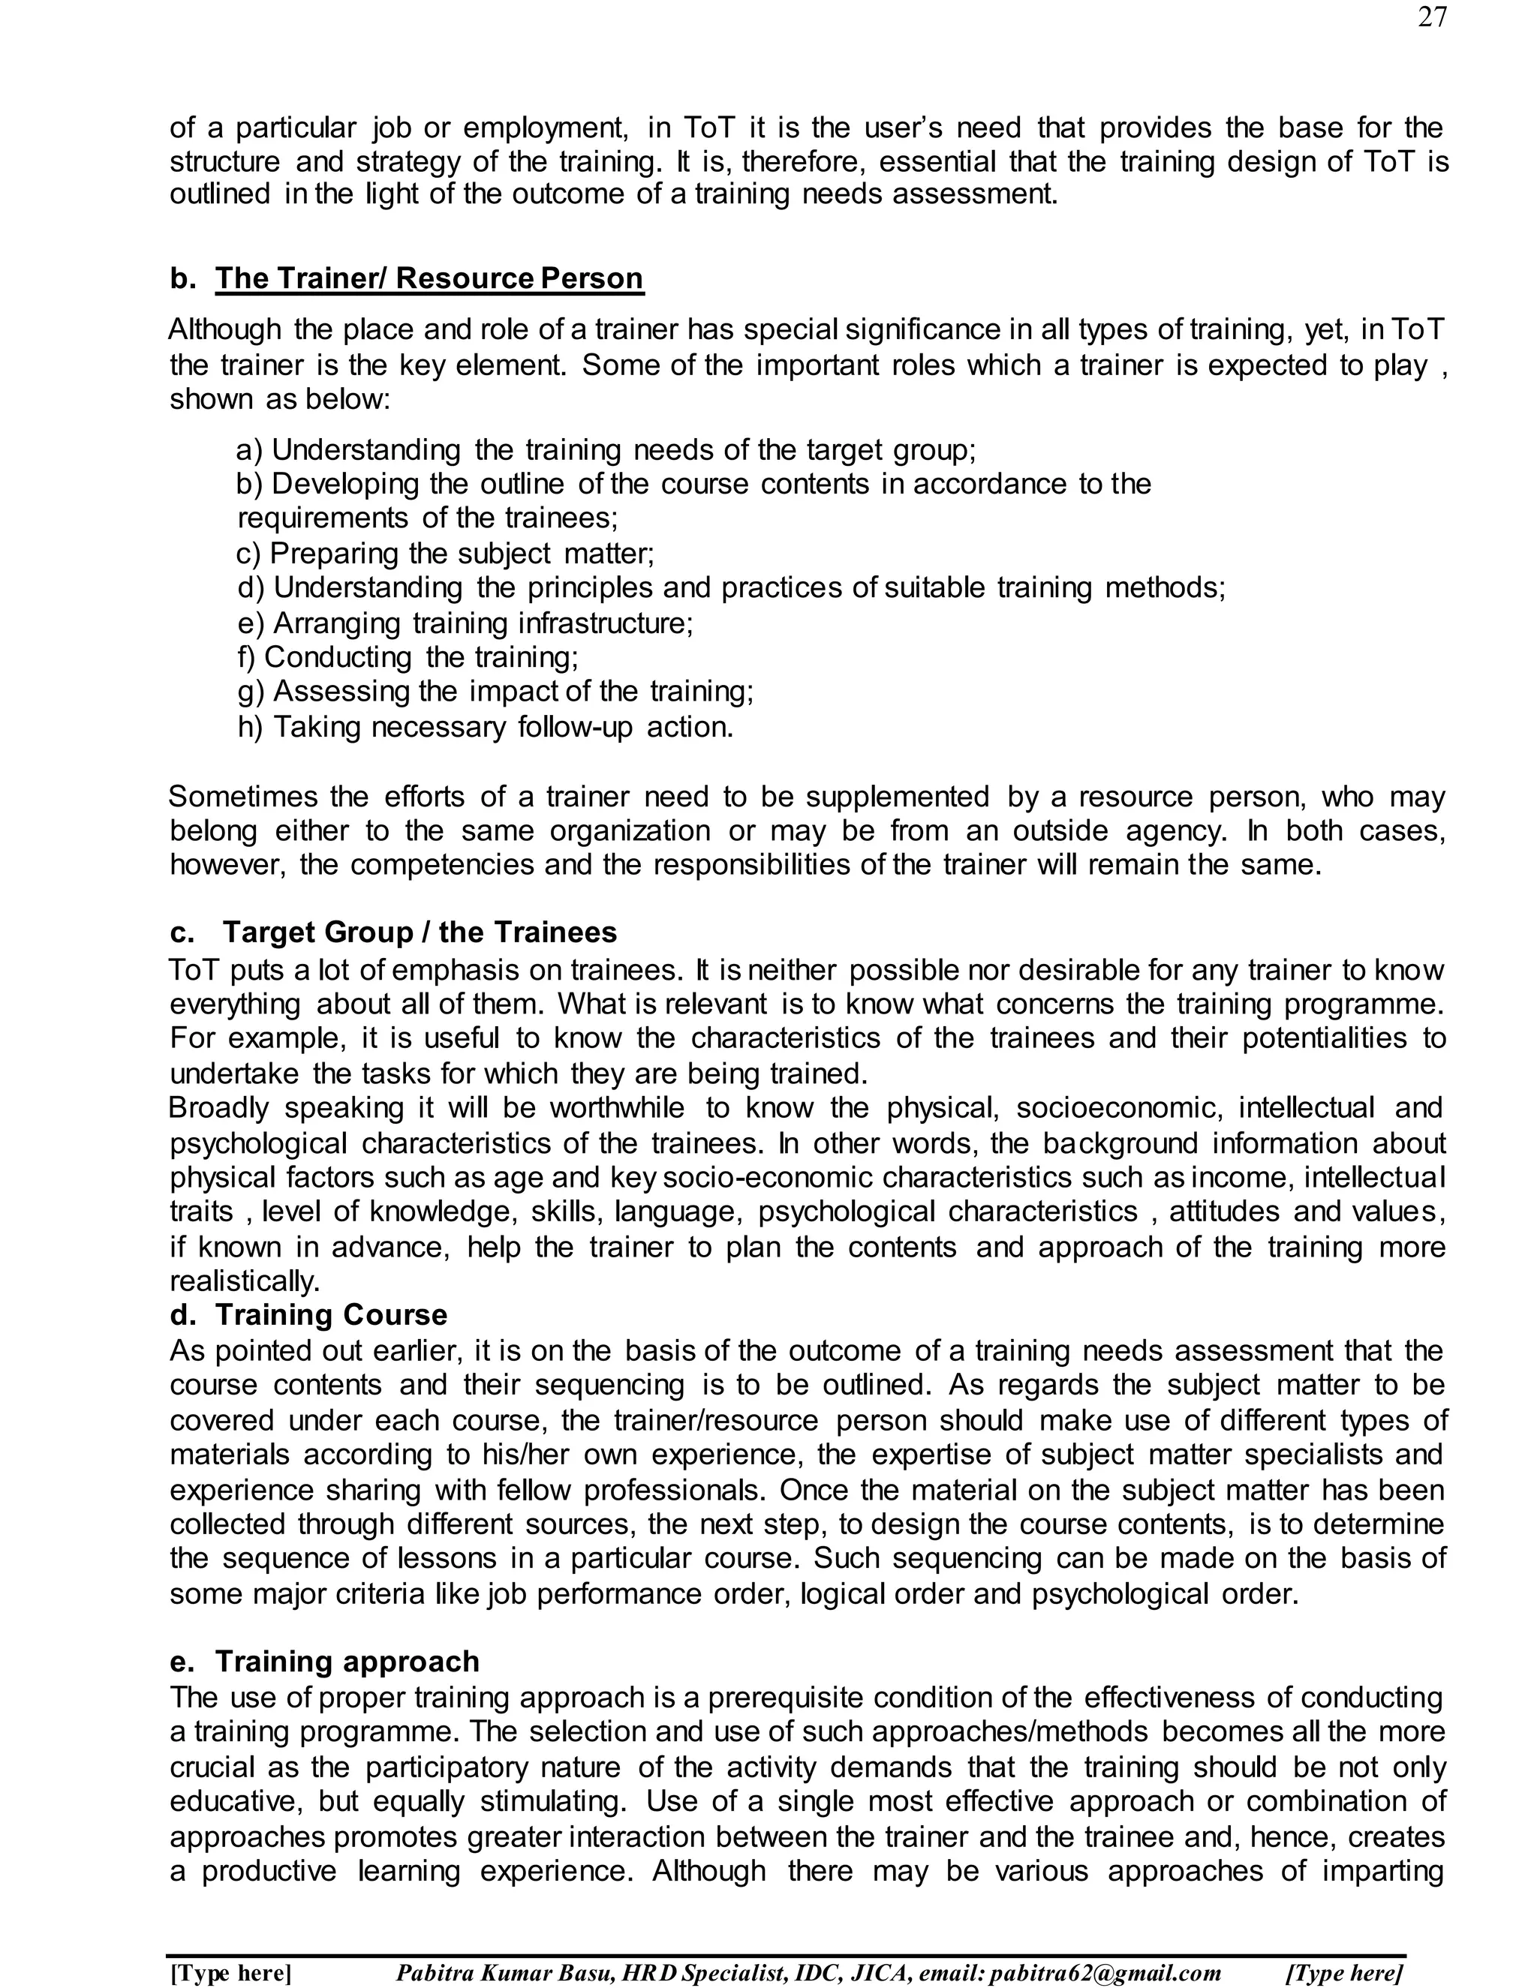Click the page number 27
1431,17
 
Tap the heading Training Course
330,1314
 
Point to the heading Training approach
347,1660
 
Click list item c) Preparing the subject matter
444,553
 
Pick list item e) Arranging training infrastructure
465,623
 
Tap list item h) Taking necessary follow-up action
486,726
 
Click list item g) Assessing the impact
495,691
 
